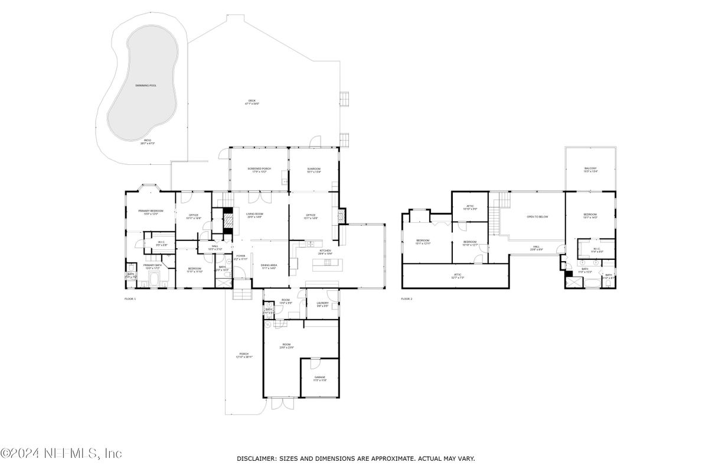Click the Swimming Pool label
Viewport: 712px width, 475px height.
tap(145, 86)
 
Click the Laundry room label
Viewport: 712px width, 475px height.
tap(322, 304)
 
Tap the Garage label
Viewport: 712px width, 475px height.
tap(319, 379)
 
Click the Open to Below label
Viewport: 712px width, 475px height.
tap(537, 217)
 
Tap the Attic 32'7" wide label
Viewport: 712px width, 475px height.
tap(458, 275)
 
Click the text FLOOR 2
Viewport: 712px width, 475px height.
tap(407, 299)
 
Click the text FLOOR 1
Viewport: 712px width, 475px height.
tap(130, 299)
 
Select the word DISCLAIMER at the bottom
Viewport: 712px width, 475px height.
tap(256, 458)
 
